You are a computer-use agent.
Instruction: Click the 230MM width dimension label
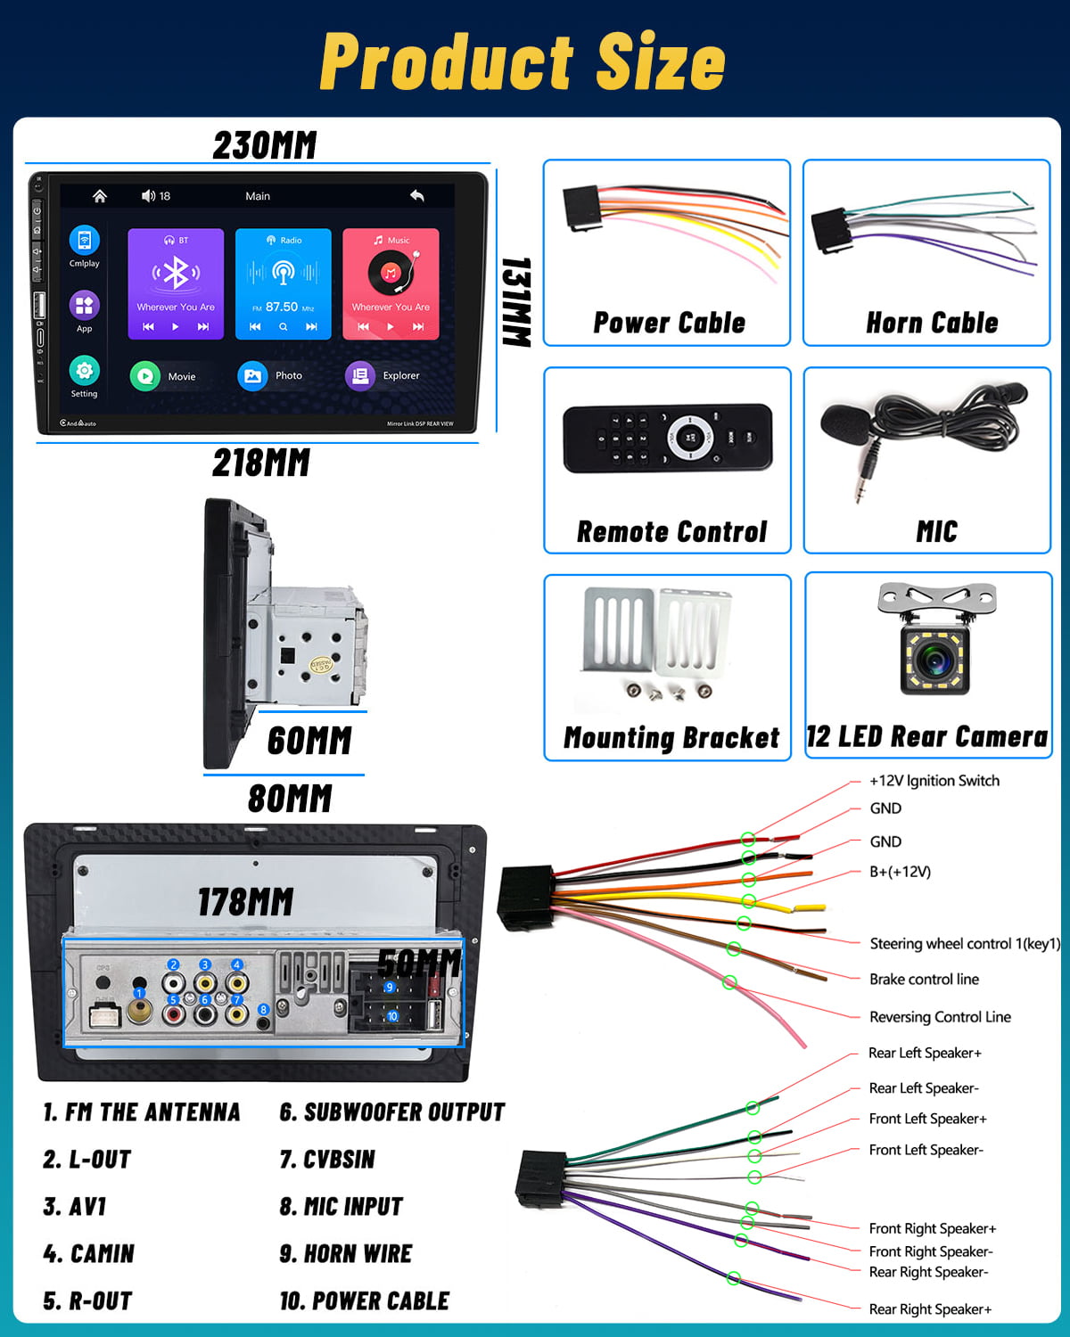tap(265, 145)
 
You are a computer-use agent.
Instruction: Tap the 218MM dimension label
tap(261, 463)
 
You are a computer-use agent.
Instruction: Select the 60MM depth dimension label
tap(309, 741)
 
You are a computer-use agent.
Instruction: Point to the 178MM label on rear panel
tap(245, 902)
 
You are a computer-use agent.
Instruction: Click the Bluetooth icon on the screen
tap(176, 273)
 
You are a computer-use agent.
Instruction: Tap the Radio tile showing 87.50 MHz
tap(283, 283)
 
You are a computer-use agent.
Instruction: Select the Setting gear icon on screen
tap(84, 370)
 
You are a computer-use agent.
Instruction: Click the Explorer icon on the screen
tap(360, 375)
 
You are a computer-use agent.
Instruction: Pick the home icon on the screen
tap(100, 196)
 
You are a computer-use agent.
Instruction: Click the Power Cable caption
tap(669, 323)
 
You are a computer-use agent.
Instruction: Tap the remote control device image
tap(667, 438)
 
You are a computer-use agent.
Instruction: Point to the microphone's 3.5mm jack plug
tap(860, 481)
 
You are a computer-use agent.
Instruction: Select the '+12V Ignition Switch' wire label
tap(934, 781)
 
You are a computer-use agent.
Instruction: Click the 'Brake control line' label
tap(924, 979)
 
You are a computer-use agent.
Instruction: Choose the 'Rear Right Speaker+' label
tap(929, 1309)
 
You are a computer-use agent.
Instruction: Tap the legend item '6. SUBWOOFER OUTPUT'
tap(391, 1112)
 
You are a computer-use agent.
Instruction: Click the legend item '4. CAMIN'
tap(88, 1254)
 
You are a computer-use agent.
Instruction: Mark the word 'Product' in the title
tap(446, 62)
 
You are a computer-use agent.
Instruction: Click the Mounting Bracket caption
tap(671, 738)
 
